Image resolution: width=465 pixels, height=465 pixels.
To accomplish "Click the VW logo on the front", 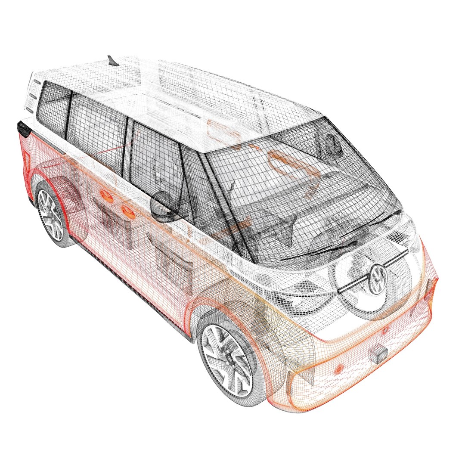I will (378, 279).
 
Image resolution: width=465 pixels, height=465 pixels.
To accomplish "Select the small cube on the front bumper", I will (378, 354).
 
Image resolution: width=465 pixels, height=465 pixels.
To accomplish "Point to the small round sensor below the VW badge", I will (384, 330).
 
